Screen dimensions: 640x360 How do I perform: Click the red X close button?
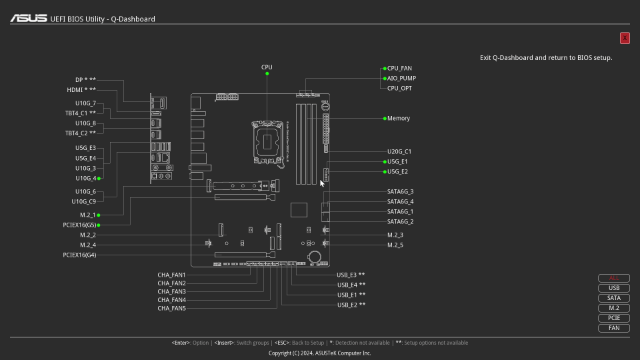(625, 38)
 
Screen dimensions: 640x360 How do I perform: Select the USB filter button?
(614, 288)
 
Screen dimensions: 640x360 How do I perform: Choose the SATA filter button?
(614, 298)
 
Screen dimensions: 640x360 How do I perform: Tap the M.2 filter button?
(614, 308)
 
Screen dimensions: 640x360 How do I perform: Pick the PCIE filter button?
(614, 318)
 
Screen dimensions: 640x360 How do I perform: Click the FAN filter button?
(614, 328)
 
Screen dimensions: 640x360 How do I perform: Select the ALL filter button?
(614, 278)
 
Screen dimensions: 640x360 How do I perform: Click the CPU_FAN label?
(399, 68)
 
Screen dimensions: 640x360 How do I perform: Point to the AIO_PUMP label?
(401, 79)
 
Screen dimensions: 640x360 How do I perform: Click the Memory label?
(399, 119)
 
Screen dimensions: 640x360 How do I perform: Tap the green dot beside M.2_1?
(99, 215)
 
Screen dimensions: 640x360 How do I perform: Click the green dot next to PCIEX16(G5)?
(99, 225)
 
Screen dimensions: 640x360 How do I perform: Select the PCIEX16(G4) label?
(79, 255)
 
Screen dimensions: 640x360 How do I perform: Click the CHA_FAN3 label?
(171, 291)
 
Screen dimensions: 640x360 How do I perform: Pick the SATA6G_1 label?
(400, 211)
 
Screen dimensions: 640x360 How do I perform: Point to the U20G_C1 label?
(399, 151)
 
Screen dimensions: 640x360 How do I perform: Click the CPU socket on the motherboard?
(267, 142)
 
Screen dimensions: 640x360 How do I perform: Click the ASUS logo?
(29, 19)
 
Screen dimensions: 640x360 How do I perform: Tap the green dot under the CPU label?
(267, 74)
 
